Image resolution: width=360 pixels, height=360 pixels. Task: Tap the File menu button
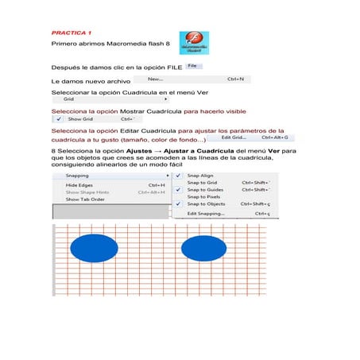click(192, 67)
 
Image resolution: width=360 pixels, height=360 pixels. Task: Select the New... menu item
click(155, 79)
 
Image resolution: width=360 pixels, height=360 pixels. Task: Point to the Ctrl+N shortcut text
click(235, 79)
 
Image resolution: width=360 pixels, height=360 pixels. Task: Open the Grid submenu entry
click(69, 100)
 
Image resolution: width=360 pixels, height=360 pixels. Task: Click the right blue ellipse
click(205, 248)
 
